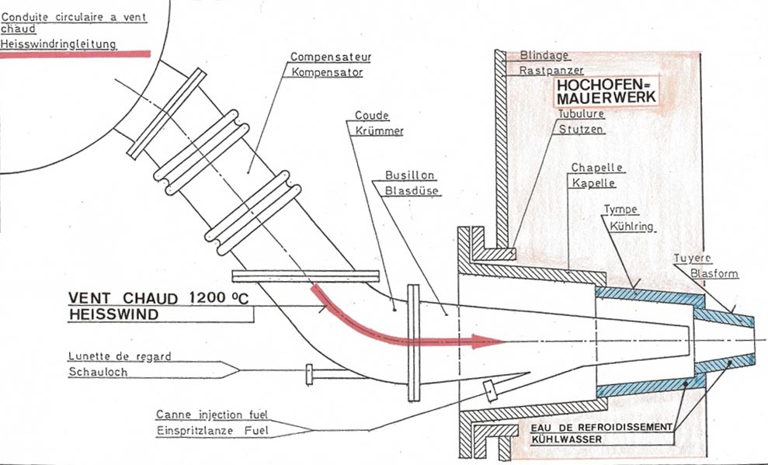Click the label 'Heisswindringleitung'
point(59,45)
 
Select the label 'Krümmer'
point(379,131)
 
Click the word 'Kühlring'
point(631,227)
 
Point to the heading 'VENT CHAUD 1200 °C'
point(159,298)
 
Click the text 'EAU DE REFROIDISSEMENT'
point(599,426)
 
